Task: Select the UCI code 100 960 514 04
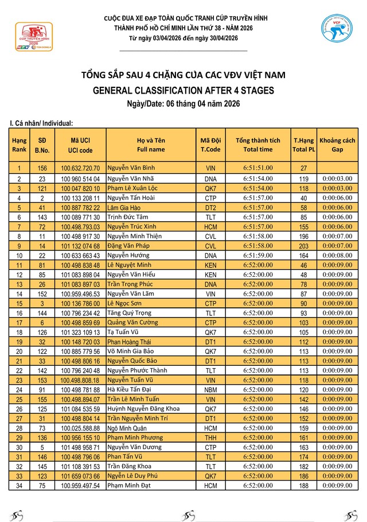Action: pos(81,179)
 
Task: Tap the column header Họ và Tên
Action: pos(151,145)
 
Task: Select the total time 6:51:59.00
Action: pos(258,256)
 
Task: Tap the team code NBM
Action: pos(210,390)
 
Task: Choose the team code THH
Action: pos(210,438)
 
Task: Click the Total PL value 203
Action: pos(304,246)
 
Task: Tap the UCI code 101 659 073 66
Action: pos(81,477)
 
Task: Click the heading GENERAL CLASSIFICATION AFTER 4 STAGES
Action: pos(183,90)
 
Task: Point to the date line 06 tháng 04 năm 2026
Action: pos(183,103)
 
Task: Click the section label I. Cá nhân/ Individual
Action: pos(42,123)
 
